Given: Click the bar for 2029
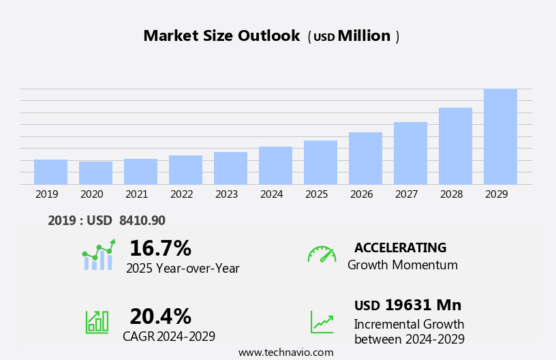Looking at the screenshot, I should point(500,136).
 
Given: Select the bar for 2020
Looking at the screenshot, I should point(95,172).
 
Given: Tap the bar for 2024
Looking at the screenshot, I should point(275,165).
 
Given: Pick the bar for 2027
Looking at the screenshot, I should point(410,153).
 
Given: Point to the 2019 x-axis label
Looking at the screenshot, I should point(47,194).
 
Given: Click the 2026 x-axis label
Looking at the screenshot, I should point(362,194).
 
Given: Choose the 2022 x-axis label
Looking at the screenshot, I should point(182,194).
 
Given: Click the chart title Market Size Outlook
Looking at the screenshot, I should point(221,36).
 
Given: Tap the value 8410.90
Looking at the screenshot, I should point(142,220).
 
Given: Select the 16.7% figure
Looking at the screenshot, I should point(160,248).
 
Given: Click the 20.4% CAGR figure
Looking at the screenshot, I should point(160,316).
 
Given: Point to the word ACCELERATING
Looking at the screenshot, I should point(400,247).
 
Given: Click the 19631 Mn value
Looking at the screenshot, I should point(422,305).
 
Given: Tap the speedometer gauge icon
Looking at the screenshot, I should point(322,254).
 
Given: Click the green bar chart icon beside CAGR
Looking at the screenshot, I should point(97,321).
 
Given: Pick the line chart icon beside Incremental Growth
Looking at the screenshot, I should point(322,322).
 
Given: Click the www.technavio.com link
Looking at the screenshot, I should point(285,352).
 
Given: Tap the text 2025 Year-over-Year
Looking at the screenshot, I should point(183,269).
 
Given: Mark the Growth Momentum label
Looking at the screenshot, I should point(402,265).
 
